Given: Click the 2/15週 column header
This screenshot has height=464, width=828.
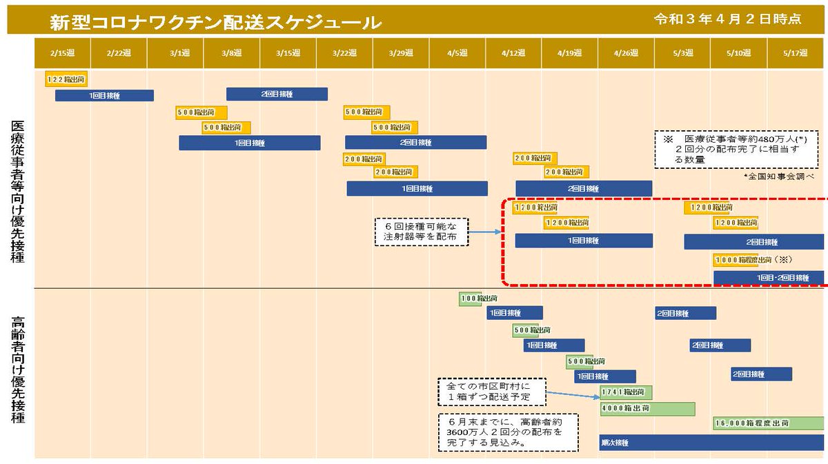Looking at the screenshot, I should [x=63, y=53].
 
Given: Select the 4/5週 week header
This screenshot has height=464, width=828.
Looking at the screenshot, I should [x=457, y=53].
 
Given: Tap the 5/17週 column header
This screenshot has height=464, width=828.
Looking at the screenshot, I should [x=796, y=53].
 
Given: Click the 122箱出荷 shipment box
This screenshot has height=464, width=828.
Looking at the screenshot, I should [x=66, y=79].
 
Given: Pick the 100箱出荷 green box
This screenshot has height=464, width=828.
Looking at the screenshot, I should [x=471, y=299].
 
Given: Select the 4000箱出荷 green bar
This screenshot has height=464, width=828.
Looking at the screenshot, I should [x=638, y=409].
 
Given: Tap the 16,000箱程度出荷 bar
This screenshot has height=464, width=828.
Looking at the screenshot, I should [x=768, y=423].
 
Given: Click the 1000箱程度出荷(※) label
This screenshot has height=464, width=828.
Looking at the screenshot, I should [x=751, y=260].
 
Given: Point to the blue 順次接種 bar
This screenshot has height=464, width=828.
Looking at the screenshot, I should [x=711, y=443].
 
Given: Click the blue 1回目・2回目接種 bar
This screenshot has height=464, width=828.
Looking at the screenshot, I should [x=768, y=277].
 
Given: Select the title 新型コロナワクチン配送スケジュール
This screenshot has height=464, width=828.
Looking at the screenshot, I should [x=215, y=22].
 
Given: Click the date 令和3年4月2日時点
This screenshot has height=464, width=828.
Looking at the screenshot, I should [x=727, y=19].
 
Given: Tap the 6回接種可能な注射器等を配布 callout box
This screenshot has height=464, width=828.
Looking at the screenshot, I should [x=421, y=232].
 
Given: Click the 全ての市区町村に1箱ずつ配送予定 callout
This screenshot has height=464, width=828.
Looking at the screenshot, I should [x=491, y=392].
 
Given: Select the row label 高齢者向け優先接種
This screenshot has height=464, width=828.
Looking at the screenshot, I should [x=18, y=370].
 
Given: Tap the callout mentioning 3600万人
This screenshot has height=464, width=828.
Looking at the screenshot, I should [x=508, y=432].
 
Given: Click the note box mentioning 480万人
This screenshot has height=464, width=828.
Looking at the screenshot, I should [x=740, y=149].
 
